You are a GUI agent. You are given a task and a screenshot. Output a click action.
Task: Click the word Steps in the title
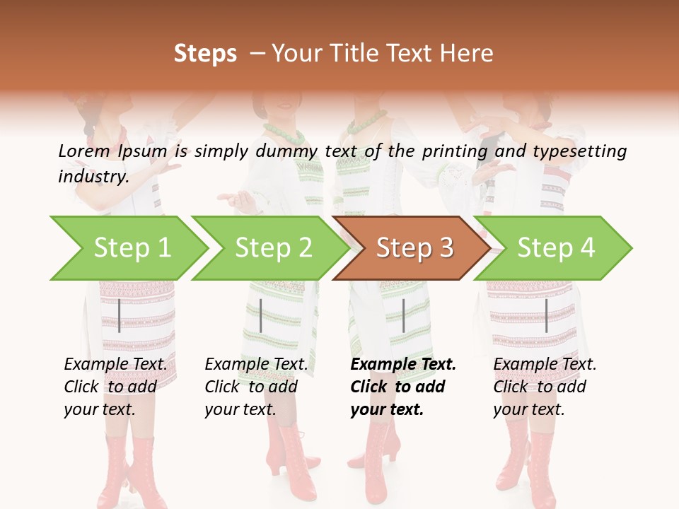tap(205, 54)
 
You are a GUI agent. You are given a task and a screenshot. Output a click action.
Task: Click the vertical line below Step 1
tap(120, 315)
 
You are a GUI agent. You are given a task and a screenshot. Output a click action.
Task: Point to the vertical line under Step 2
tap(261, 315)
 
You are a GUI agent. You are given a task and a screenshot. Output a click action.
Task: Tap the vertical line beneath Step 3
tap(403, 315)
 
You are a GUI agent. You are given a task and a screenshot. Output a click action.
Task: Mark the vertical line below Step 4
tap(546, 315)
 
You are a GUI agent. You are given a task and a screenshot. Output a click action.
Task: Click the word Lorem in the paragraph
tap(83, 151)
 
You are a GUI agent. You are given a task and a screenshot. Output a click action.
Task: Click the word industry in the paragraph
tap(93, 176)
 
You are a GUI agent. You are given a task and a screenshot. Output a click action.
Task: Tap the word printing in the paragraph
tap(453, 151)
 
